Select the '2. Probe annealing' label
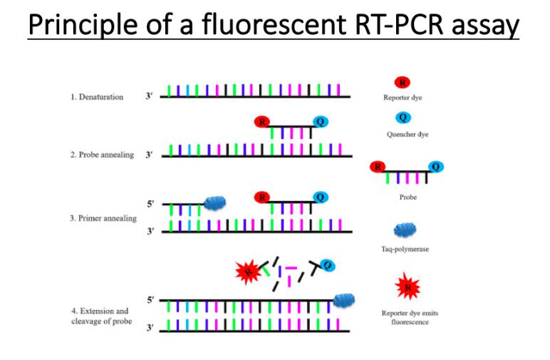(x=102, y=155)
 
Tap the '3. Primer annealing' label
(x=103, y=218)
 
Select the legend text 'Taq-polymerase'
(x=403, y=249)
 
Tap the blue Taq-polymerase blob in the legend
(x=403, y=230)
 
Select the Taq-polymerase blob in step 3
(x=214, y=204)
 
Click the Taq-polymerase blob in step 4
(x=345, y=301)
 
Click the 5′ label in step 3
(x=150, y=204)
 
